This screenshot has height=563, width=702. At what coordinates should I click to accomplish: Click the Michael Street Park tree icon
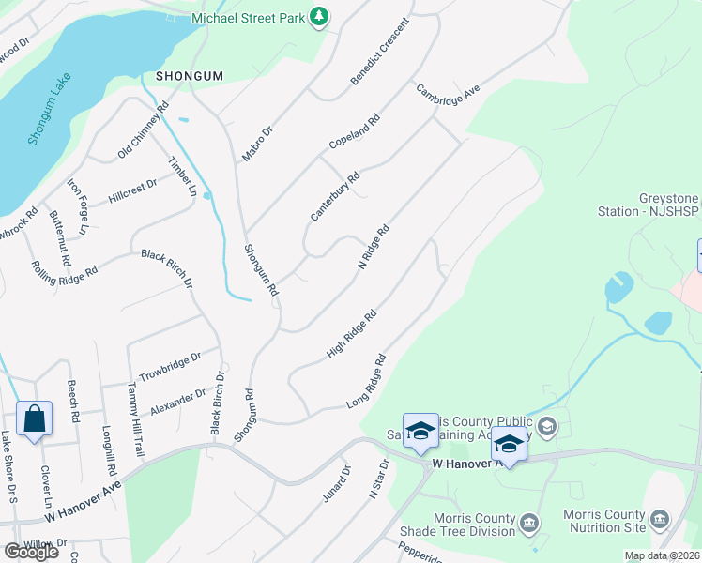[319, 17]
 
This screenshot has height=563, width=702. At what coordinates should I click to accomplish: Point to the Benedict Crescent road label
[381, 52]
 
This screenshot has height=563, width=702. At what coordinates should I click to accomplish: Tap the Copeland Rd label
[354, 133]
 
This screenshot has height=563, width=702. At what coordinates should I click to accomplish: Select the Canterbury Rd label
[336, 197]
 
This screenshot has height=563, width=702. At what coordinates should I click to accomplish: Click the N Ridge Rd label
[374, 247]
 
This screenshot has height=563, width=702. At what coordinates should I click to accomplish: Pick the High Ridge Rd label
[351, 333]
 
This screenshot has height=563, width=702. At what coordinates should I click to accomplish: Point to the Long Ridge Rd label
[367, 380]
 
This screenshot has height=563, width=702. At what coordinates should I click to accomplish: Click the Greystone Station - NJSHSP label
[649, 205]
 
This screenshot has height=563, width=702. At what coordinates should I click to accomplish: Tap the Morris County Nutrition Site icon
[660, 519]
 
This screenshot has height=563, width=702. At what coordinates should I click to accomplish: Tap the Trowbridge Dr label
[170, 364]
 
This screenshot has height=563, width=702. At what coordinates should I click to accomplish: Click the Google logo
[31, 553]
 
